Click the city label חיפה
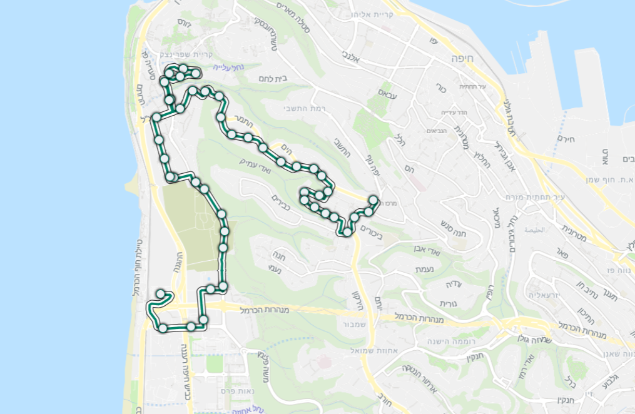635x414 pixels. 464,58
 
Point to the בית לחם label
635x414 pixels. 272,78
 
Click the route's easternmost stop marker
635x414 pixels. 374,201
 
